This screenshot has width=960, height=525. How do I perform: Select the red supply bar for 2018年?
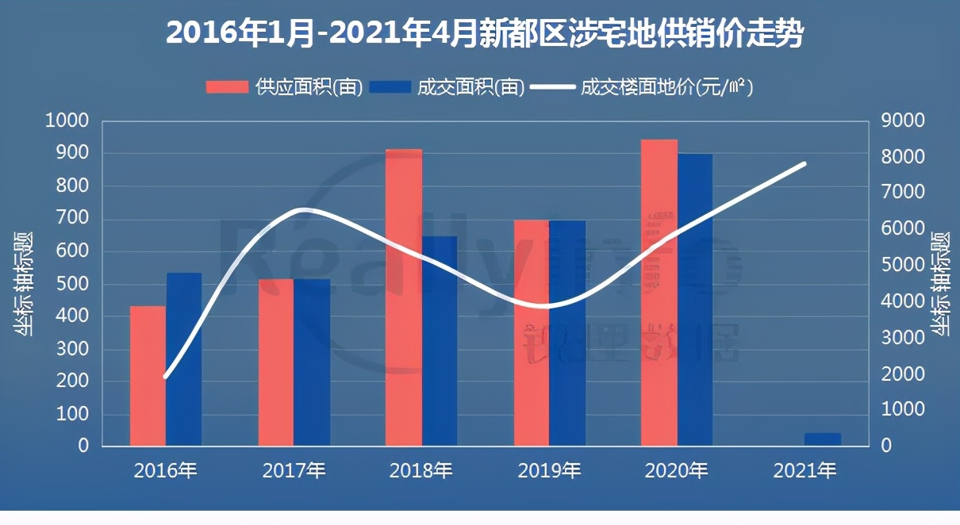[404, 297]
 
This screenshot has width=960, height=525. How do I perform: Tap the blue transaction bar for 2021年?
[823, 439]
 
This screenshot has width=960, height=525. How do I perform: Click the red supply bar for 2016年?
[148, 376]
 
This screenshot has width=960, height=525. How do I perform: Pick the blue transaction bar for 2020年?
[695, 300]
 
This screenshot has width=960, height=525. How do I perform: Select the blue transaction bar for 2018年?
[440, 341]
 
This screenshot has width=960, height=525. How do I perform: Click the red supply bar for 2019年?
[532, 333]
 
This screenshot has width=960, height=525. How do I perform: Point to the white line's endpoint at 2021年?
[804, 164]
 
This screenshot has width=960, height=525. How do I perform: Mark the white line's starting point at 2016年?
[165, 377]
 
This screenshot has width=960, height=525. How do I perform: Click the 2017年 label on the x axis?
[294, 471]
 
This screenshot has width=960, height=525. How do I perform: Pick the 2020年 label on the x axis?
[676, 471]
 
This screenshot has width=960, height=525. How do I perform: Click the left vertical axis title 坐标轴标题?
[24, 284]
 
